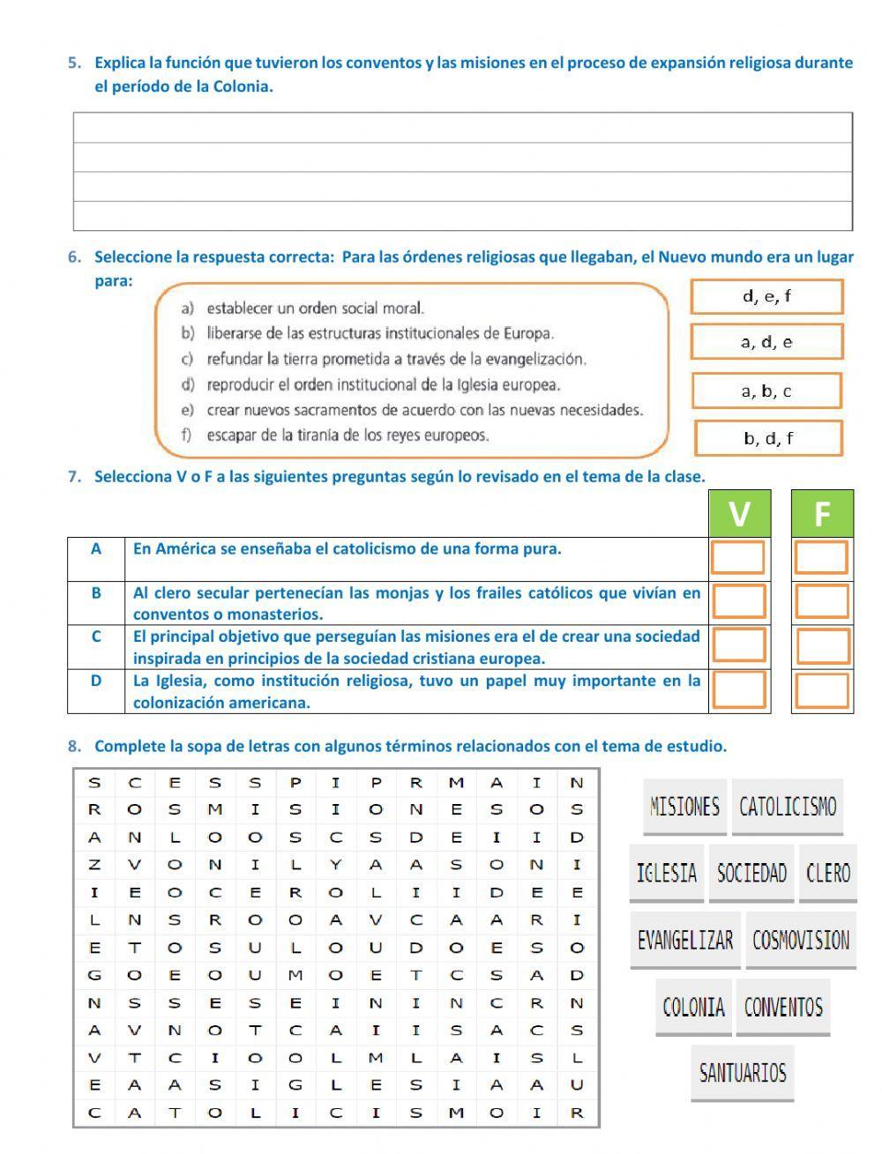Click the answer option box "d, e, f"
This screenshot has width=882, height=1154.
766,297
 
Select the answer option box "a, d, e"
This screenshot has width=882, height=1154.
766,342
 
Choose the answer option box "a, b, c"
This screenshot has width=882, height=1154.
766,391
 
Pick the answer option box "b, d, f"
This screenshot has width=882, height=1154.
768,438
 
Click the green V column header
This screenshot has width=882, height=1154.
740,513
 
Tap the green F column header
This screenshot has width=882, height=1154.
822,513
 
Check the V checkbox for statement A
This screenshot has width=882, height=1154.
738,558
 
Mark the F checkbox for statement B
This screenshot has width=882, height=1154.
822,601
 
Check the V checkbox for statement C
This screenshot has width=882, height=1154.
739,645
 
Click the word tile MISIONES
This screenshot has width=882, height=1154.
684,807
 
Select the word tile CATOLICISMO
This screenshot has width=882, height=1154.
788,807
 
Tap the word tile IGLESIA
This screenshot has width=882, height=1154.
667,874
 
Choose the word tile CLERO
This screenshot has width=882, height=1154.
828,874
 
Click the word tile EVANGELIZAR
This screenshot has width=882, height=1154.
685,941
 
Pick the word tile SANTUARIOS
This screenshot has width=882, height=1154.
743,1073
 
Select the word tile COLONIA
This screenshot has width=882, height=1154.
693,1007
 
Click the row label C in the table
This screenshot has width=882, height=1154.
95,637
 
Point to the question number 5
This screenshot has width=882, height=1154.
74,63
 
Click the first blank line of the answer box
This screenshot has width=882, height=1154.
462,128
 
